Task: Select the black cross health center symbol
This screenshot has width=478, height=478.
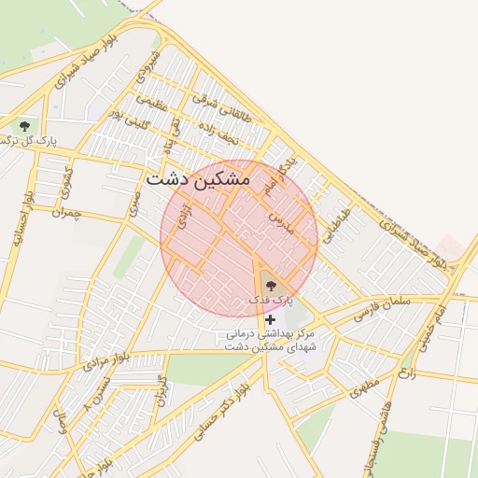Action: click(x=271, y=319)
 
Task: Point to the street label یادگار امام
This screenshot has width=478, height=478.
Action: click(x=278, y=173)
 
